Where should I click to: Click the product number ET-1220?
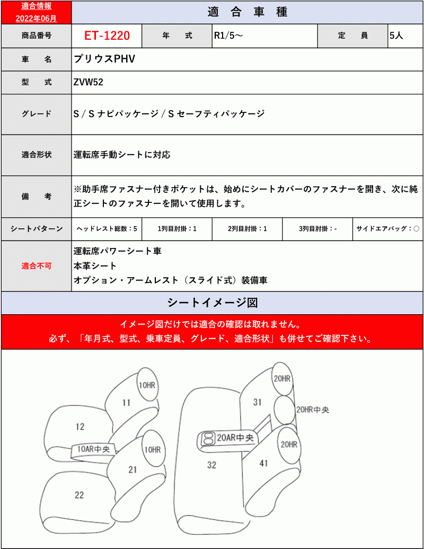[x=107, y=36]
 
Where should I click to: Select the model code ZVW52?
[x=88, y=82]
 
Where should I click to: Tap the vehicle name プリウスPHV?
[x=104, y=59]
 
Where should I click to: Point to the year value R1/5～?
[x=228, y=36]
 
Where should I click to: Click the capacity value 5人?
[x=396, y=36]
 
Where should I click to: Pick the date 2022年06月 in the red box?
[x=36, y=18]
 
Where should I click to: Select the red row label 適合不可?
[x=37, y=266]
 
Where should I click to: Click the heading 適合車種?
[x=247, y=12]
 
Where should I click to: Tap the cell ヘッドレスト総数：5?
[x=107, y=229]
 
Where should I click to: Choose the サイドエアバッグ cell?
[x=387, y=229]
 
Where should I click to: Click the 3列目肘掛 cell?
[x=317, y=229]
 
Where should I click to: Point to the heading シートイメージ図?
[x=212, y=303]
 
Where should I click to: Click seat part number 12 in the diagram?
[x=80, y=427]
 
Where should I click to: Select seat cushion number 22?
[x=79, y=495]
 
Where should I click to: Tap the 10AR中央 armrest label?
[x=93, y=449]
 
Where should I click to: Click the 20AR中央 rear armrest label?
[x=235, y=438]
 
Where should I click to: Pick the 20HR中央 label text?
[x=313, y=410]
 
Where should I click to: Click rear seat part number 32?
[x=211, y=465]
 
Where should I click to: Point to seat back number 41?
[x=263, y=464]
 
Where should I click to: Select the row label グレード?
[x=37, y=114]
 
